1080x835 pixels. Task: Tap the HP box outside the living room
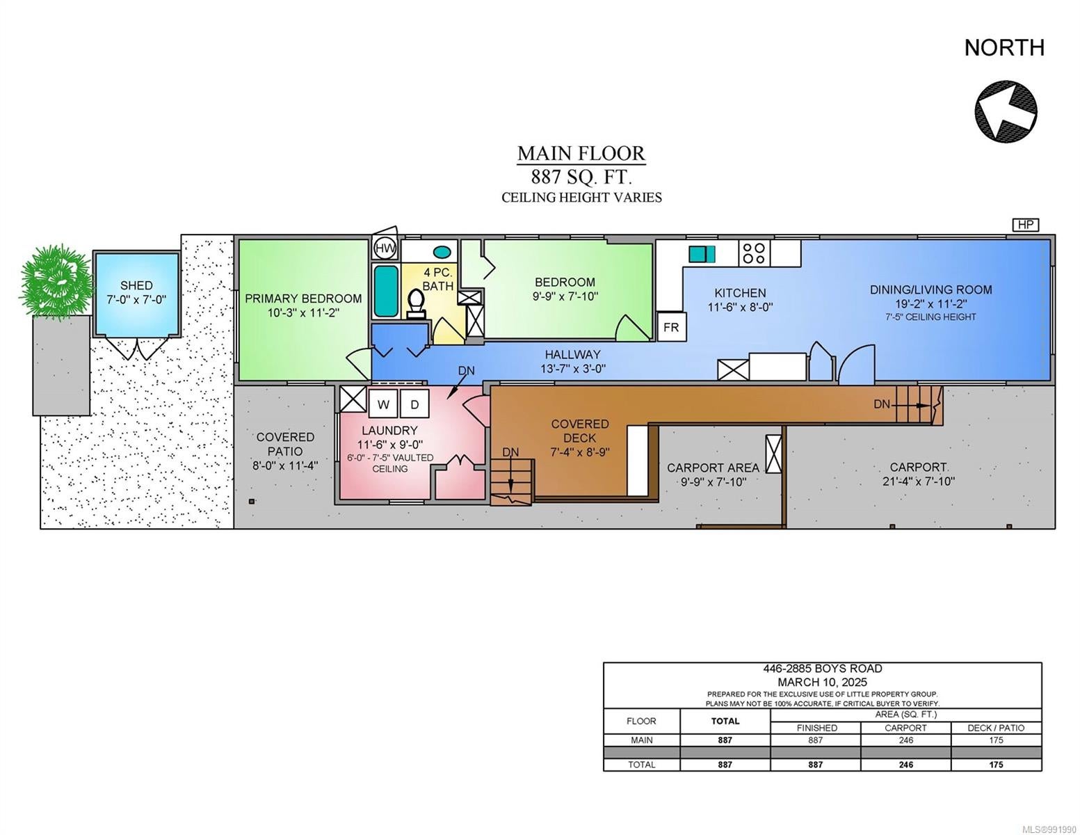tap(1025, 225)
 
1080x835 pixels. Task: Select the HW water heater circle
tap(384, 248)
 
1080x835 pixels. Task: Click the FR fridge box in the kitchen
tap(671, 327)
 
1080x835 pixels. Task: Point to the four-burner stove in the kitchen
tap(753, 253)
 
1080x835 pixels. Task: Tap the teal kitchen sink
tap(701, 254)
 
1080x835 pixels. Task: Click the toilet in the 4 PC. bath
tap(415, 303)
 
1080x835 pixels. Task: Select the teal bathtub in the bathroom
tap(386, 291)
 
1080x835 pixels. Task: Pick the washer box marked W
tap(382, 404)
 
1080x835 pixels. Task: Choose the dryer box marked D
tap(414, 404)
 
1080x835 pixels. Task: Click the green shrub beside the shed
tap(56, 283)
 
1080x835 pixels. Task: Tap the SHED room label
tap(136, 285)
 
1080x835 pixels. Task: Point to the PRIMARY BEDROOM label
tap(303, 299)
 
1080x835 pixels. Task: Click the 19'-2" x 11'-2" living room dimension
tap(931, 303)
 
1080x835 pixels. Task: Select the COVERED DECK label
tap(579, 431)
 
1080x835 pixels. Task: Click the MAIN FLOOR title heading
tap(581, 153)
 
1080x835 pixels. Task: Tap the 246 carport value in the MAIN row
tap(905, 740)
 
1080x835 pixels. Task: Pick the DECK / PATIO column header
tap(996, 728)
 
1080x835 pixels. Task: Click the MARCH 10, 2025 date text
tap(822, 682)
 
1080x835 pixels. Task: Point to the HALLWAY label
tap(572, 355)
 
